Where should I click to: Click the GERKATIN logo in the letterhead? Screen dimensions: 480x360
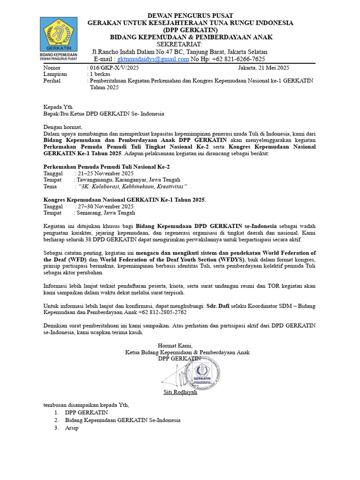tap(59, 35)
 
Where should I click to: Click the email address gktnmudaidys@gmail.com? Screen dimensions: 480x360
tap(153, 59)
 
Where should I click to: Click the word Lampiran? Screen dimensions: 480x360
tap(55, 74)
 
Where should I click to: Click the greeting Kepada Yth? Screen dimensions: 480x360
tap(58, 107)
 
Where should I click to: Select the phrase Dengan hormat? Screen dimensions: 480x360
tap(62, 127)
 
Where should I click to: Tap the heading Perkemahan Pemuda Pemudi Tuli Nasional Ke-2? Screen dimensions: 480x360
tap(106, 166)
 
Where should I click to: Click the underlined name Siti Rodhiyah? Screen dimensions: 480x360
tap(180, 392)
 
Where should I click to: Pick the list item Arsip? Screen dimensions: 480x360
tap(72, 428)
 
